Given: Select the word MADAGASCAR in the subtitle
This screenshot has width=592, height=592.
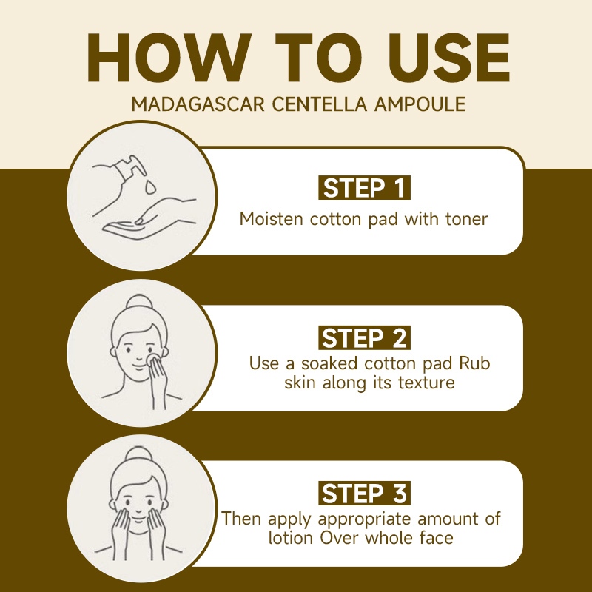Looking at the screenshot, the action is [198, 104].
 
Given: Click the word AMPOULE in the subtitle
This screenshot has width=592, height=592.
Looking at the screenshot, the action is [420, 104].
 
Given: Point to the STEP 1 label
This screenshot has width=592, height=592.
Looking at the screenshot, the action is [364, 188].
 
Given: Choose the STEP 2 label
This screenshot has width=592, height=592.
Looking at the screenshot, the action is [364, 337].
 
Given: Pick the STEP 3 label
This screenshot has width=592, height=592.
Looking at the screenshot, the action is [364, 493].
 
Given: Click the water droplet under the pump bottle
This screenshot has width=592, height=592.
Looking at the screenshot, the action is [150, 187].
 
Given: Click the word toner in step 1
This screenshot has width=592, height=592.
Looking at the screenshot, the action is [466, 219].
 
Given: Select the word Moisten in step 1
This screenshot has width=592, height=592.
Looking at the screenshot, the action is [271, 219].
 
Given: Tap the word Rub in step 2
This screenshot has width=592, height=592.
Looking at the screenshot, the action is [474, 363].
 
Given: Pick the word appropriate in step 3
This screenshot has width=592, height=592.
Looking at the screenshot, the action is [364, 519].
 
